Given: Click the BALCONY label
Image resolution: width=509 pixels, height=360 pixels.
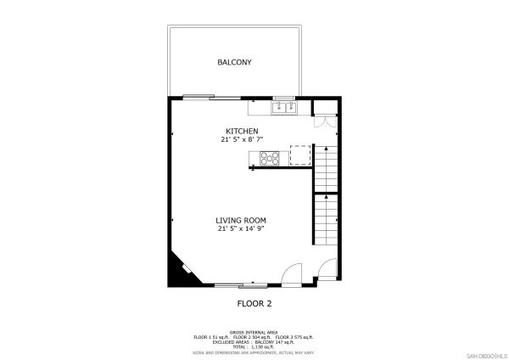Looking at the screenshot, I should [x=234, y=63].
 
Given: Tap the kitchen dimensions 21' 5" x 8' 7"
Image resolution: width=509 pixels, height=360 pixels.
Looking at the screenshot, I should [x=242, y=139].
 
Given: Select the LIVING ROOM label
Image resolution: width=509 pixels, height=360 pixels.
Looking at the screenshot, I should [x=242, y=220].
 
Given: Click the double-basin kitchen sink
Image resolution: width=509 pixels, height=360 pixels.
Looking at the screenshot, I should [x=282, y=107].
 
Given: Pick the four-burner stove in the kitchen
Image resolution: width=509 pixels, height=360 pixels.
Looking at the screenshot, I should [x=271, y=157].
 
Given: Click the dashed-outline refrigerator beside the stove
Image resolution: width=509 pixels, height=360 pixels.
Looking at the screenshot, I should [x=300, y=155].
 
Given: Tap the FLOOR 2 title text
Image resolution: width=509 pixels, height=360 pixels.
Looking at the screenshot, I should [x=254, y=303].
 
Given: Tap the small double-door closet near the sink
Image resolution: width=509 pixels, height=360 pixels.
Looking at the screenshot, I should [x=323, y=120].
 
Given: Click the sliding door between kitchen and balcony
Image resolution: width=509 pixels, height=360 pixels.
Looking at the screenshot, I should [x=199, y=97].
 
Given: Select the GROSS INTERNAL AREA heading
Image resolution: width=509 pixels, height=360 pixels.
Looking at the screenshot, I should [x=254, y=331].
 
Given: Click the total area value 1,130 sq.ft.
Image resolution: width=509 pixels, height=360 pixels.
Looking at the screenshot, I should [x=262, y=346].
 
